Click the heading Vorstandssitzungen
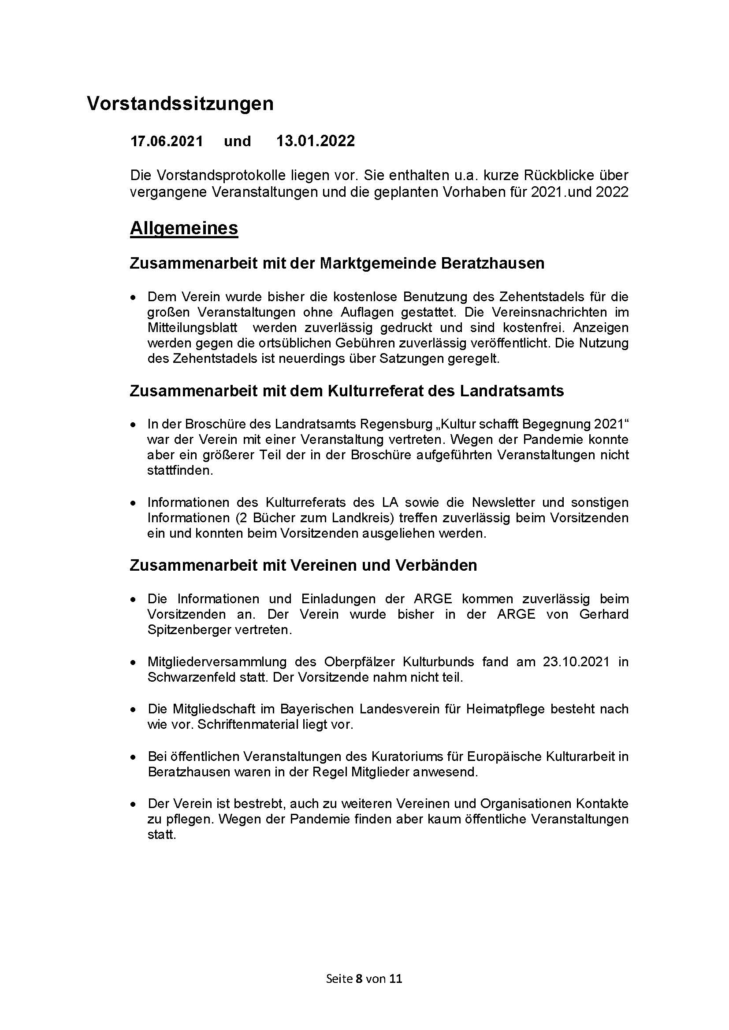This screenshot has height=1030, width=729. [x=180, y=104]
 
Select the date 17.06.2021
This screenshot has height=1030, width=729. [x=167, y=141]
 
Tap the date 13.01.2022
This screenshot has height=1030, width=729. [x=316, y=141]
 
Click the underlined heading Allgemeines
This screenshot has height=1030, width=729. [x=184, y=229]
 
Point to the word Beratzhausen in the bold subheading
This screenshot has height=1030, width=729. [x=493, y=263]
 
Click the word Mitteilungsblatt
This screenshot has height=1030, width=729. [x=192, y=328]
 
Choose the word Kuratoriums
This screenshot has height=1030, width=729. [x=406, y=757]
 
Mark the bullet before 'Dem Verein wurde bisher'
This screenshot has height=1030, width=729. [x=133, y=298]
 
